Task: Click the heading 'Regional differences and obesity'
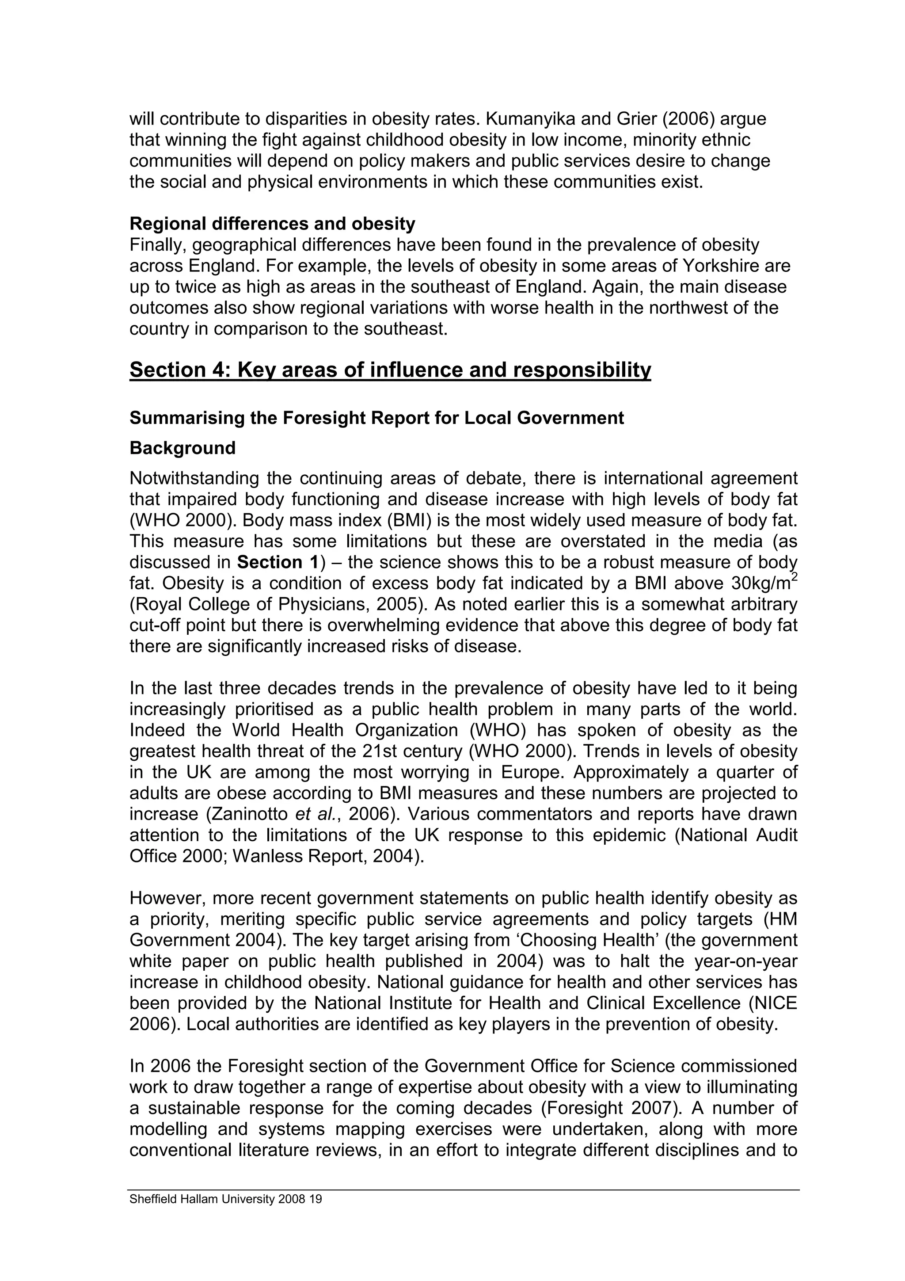272,224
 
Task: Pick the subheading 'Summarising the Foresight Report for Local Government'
376,418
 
